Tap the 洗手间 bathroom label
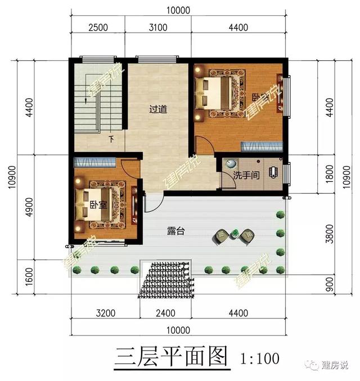point(246,175)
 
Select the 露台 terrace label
point(176,231)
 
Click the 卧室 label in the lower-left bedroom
point(98,204)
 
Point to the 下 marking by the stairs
point(111,139)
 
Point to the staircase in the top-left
point(89,101)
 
